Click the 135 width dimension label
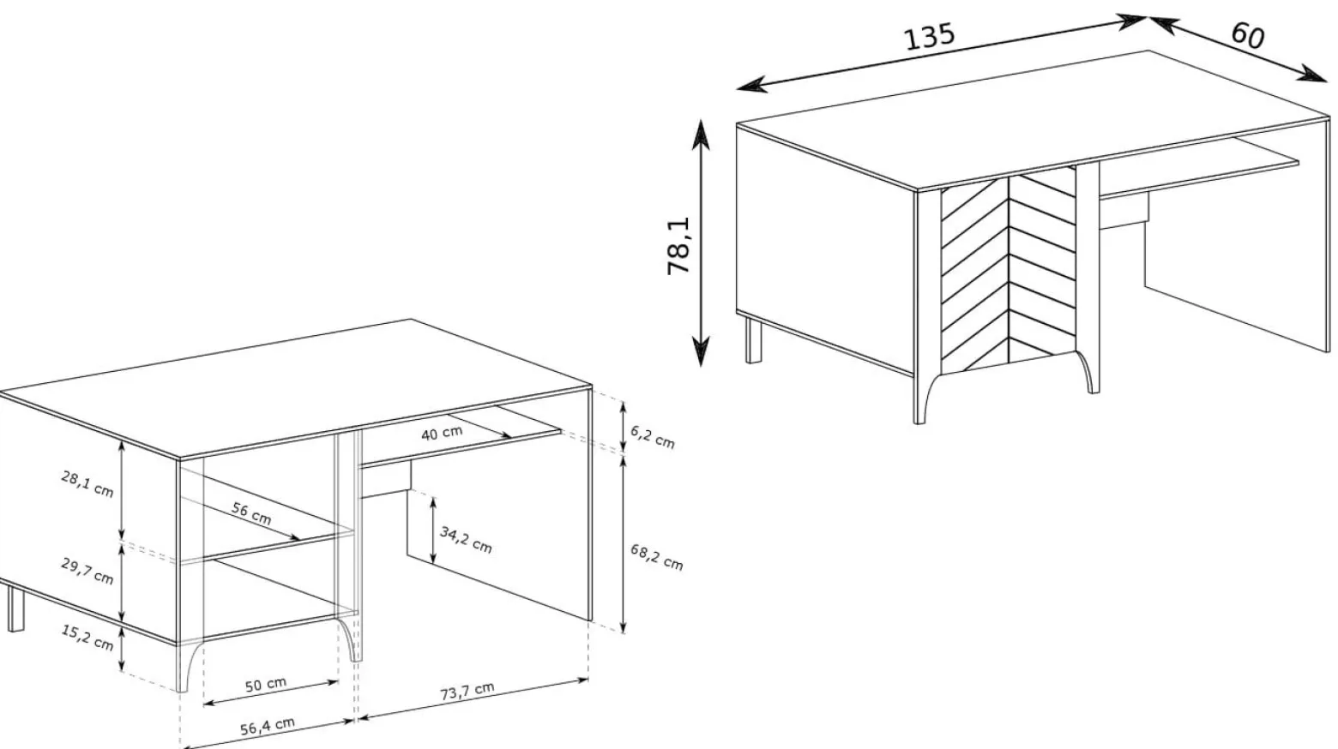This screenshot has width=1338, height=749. [x=930, y=37]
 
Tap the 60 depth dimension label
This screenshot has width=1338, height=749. [x=1247, y=35]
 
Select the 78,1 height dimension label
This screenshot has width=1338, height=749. [x=678, y=245]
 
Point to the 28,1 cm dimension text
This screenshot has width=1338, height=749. [x=87, y=483]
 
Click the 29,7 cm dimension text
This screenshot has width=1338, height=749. [x=87, y=571]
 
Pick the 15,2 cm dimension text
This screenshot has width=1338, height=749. [x=87, y=638]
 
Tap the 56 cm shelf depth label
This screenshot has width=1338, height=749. [x=251, y=513]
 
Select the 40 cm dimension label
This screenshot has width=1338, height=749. [x=442, y=433]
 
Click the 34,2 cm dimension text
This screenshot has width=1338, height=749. [x=466, y=540]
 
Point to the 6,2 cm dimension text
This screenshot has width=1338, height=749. [x=653, y=437]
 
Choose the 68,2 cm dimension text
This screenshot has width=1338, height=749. [x=657, y=557]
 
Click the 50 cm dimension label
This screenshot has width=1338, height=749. [x=266, y=685]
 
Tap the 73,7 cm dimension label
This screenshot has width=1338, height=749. [x=467, y=691]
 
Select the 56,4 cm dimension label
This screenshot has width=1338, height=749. [x=268, y=726]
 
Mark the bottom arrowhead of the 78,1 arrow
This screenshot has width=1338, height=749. [x=701, y=351]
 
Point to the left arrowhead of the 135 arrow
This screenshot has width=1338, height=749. [x=751, y=86]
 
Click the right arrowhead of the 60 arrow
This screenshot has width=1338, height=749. [x=1313, y=74]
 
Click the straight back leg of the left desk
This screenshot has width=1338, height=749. [x=16, y=608]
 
